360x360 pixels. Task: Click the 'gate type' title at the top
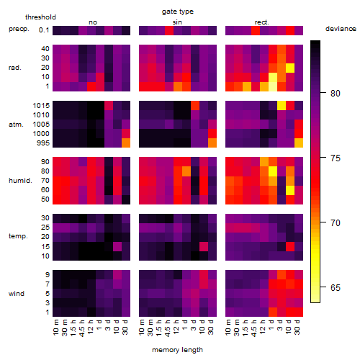(178, 12)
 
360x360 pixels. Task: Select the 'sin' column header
(177, 22)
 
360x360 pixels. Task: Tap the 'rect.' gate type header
(262, 22)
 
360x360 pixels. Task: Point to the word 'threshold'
(40, 17)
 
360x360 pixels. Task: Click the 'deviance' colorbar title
(341, 29)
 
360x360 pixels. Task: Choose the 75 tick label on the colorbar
(336, 158)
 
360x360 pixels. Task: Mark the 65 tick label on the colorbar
(336, 287)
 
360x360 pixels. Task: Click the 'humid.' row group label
(20, 181)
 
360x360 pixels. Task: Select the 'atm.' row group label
(16, 125)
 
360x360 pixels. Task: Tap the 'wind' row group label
(17, 294)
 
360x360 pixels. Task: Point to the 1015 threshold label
(41, 106)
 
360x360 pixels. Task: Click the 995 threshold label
(43, 143)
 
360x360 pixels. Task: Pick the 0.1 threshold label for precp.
(44, 30)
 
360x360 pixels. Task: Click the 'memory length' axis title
(178, 350)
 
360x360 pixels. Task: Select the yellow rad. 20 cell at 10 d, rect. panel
(290, 68)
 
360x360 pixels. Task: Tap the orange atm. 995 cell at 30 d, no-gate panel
(126, 143)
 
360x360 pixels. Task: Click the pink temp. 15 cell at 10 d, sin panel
(204, 246)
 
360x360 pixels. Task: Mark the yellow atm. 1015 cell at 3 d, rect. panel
(282, 106)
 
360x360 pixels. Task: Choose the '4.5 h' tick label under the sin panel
(168, 328)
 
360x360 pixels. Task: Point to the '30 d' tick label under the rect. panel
(297, 327)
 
